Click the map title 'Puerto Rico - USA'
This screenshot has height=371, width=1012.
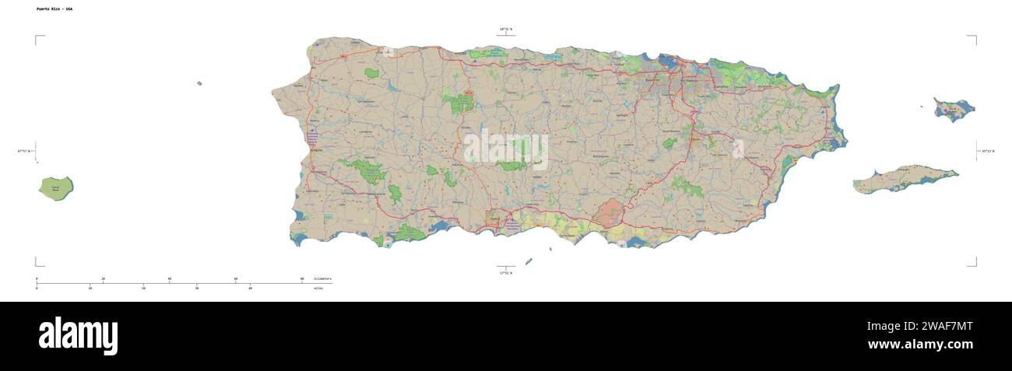54,9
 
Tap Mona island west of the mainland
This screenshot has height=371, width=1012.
56,187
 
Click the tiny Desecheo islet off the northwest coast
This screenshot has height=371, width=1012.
199,83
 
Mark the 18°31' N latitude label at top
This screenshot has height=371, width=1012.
506,30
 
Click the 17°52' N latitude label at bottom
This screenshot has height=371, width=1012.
506,272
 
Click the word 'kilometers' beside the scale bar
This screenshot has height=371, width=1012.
322,278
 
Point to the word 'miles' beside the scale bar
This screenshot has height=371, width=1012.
318,288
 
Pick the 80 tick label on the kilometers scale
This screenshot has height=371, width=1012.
302,278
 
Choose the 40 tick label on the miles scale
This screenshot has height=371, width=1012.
250,288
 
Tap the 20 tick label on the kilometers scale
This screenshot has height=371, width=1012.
103,278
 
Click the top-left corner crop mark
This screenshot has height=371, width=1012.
37,37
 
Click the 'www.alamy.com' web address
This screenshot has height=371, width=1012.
920,345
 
